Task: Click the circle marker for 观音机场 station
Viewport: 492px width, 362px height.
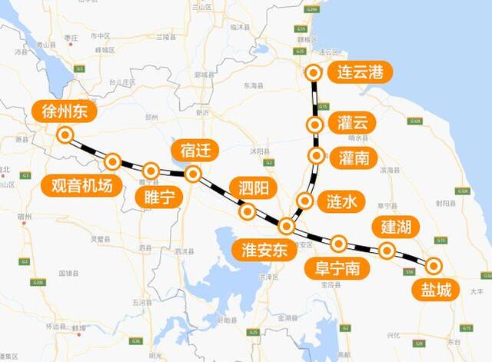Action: [113, 161]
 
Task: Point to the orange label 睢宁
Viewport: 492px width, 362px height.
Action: [160, 197]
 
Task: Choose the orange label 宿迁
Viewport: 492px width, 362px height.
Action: [195, 150]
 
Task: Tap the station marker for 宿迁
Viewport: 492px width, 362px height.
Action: [194, 174]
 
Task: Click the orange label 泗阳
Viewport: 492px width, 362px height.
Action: [251, 187]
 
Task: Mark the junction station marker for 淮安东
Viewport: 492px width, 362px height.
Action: [286, 226]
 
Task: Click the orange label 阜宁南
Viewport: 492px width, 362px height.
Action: [337, 268]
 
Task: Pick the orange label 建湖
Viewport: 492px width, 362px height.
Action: [396, 227]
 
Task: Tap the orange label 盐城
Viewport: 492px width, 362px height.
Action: [435, 291]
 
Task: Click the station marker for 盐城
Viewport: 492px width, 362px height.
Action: [434, 266]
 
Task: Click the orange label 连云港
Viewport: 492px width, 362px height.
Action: [360, 74]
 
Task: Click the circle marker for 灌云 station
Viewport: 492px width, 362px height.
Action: [314, 125]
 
